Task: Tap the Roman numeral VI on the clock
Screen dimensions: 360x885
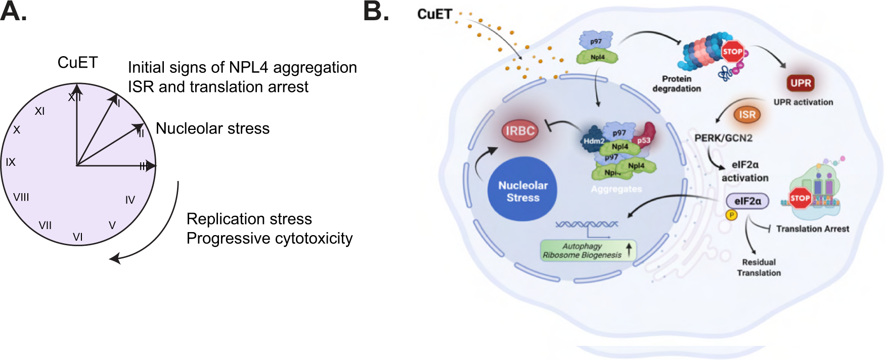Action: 78,237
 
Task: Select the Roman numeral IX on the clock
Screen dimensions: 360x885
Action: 11,162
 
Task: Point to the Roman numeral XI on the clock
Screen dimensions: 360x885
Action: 39,111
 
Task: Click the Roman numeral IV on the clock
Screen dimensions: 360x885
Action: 130,200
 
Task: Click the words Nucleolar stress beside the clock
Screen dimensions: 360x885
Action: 212,128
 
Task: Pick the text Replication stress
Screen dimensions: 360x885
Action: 249,219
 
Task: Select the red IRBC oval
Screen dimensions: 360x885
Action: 520,131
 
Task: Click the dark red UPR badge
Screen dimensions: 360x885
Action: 801,83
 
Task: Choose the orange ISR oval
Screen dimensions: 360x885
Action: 747,115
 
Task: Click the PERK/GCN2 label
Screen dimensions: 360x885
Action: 723,138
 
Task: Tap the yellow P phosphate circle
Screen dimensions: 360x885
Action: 731,215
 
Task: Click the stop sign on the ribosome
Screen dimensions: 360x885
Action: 800,198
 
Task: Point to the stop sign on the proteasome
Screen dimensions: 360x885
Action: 732,52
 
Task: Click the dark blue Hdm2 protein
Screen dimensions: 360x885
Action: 593,141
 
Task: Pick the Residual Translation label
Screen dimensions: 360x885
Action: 759,267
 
